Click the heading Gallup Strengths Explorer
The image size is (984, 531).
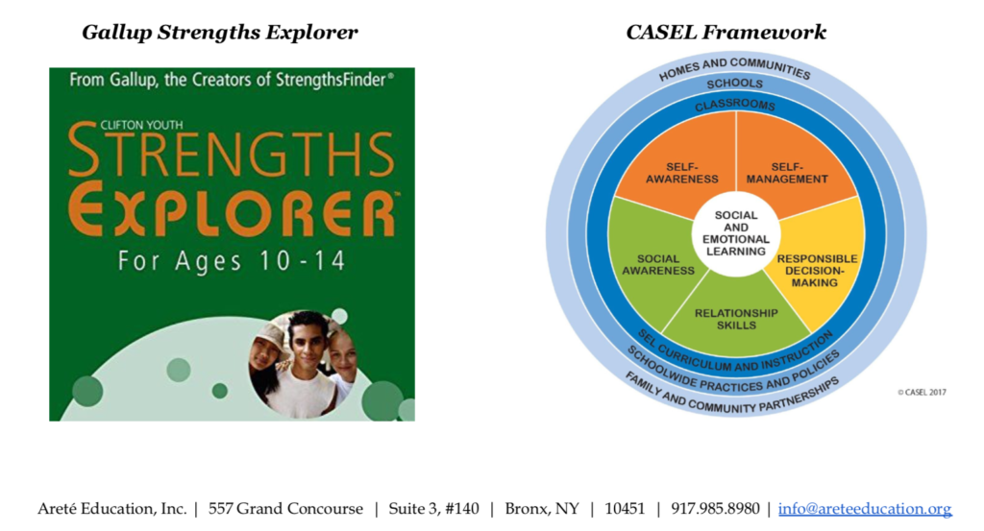point(220,33)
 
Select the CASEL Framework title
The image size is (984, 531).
point(726,32)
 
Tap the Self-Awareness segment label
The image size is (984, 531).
point(681,173)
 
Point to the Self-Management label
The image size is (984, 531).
point(787,173)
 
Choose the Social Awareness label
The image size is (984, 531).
point(657,265)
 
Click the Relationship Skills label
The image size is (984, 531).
point(736,319)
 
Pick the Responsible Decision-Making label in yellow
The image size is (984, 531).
point(817,271)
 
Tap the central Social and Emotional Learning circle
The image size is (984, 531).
point(736,234)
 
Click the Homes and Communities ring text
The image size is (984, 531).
point(735,68)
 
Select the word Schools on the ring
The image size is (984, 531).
point(735,84)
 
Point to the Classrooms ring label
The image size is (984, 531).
point(735,106)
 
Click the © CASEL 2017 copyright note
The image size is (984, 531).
point(922,393)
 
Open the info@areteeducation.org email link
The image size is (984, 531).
point(865,508)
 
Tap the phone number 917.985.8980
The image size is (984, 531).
point(715,508)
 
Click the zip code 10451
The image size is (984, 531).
point(625,508)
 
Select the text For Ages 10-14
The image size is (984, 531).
point(232,261)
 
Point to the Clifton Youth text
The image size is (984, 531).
point(142,125)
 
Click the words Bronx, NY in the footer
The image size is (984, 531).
point(542,508)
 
